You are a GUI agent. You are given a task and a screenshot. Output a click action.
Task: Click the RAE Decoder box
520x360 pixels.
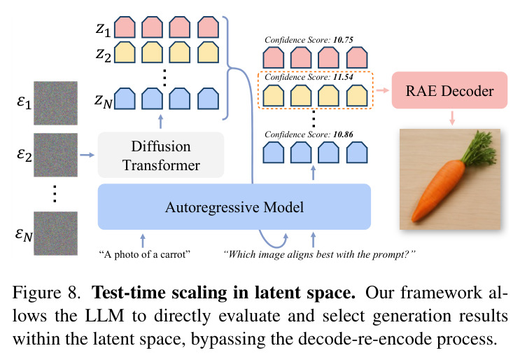tap(449, 90)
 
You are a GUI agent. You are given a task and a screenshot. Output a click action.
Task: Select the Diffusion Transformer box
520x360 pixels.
tap(161, 155)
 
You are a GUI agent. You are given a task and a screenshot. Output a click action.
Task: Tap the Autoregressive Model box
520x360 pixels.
tap(234, 207)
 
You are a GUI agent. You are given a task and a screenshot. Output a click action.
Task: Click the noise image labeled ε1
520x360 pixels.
tap(55, 103)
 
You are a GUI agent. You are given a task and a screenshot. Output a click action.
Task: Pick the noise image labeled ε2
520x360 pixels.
tap(55, 155)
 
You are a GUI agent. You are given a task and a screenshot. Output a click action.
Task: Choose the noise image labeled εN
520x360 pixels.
tap(55, 233)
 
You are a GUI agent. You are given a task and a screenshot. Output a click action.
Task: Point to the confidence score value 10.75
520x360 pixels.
tap(343, 40)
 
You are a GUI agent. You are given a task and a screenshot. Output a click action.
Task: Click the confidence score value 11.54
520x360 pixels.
tap(343, 77)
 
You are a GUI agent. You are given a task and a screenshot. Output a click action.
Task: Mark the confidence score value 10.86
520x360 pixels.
tap(343, 134)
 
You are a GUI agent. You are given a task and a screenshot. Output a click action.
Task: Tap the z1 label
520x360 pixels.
tap(103, 29)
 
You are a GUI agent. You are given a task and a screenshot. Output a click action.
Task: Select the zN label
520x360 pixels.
tap(104, 101)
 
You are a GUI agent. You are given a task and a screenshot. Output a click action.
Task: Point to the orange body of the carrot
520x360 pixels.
tap(437, 189)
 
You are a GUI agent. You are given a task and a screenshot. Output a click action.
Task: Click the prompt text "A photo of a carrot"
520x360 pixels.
tap(145, 254)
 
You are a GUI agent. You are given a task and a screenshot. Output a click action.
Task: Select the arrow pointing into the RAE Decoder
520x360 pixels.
tap(382, 90)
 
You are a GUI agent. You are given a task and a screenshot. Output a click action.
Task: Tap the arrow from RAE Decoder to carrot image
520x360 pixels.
tap(451, 118)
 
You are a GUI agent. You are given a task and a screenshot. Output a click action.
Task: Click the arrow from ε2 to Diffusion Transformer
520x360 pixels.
tap(87, 155)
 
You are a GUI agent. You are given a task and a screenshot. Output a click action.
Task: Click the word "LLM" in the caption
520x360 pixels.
tap(105, 316)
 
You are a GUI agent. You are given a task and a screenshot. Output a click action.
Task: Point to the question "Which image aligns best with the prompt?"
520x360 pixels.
tap(319, 254)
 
